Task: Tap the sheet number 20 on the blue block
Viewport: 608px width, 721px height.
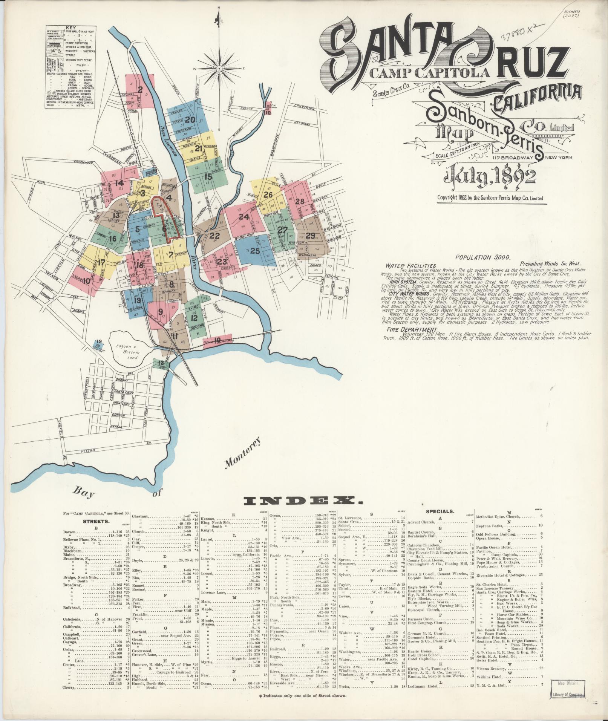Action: click(190, 119)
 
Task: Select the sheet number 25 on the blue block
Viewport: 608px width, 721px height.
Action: click(255, 251)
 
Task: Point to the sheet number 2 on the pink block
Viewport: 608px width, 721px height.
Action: click(140, 90)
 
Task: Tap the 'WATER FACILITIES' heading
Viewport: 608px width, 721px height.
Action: click(411, 266)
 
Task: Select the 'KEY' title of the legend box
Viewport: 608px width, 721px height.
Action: click(70, 28)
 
